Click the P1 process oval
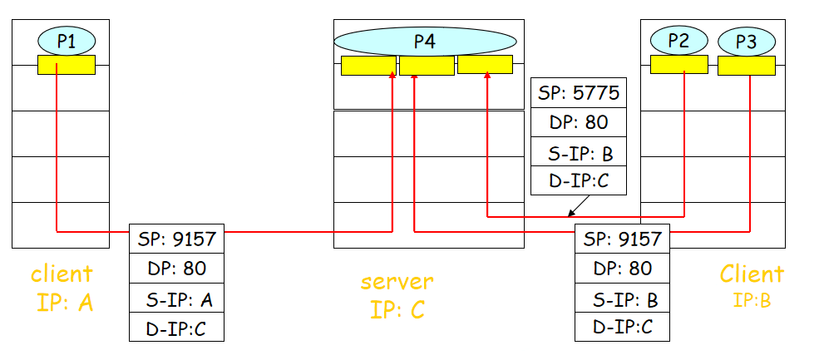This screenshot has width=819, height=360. click(x=67, y=40)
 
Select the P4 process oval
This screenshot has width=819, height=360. click(x=425, y=41)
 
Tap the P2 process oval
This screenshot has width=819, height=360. click(x=678, y=40)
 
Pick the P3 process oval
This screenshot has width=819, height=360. click(x=747, y=41)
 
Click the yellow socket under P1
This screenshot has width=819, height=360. click(x=67, y=65)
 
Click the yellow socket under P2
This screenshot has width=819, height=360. click(x=678, y=65)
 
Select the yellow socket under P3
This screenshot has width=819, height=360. click(x=747, y=66)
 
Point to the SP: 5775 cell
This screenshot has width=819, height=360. click(x=579, y=93)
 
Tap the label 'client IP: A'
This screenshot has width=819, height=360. click(x=62, y=288)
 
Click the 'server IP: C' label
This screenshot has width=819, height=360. click(x=397, y=295)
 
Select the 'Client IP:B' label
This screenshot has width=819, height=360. click(x=752, y=285)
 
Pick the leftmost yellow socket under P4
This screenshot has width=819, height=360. click(x=368, y=66)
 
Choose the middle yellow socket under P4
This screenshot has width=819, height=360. click(x=427, y=66)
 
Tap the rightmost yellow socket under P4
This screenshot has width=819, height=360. click(x=485, y=65)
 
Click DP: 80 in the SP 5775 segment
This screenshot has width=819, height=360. click(x=579, y=122)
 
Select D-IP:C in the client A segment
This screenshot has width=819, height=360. click(x=177, y=327)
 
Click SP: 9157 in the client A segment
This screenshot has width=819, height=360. click(x=177, y=239)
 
